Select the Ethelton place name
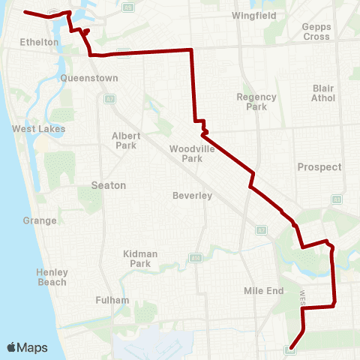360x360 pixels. [40, 43]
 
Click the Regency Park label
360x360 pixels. [256, 101]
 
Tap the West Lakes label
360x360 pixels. [39, 129]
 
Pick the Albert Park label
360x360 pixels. [124, 140]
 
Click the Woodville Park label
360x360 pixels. [186, 153]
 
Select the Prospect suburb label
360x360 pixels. [319, 167]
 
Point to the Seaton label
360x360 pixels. [108, 185]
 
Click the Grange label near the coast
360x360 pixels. [40, 220]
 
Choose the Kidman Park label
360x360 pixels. [140, 259]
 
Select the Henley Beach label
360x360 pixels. [52, 277]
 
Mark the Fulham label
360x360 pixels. [112, 300]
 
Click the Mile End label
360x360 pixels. [262, 290]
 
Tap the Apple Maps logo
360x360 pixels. [27, 347]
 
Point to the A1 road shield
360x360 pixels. [337, 199]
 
